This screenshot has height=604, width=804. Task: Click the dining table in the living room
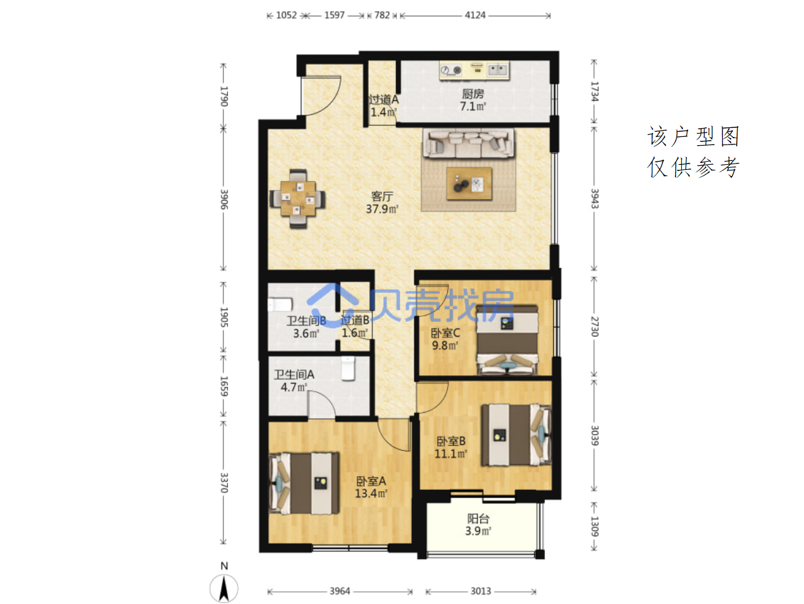pyautogui.click(x=298, y=198)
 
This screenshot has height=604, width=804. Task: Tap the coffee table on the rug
pyautogui.click(x=469, y=184)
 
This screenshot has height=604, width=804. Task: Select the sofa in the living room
pyautogui.click(x=468, y=144)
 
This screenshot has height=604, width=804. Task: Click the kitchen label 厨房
pyautogui.click(x=473, y=94)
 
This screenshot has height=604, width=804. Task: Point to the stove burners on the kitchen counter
pyautogui.click(x=451, y=70)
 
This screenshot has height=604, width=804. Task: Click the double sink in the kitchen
pyautogui.click(x=498, y=69)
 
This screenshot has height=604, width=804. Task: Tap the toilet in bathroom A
pyautogui.click(x=348, y=368)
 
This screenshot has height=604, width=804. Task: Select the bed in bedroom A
pyautogui.click(x=303, y=483)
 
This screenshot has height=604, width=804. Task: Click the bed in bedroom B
pyautogui.click(x=516, y=435)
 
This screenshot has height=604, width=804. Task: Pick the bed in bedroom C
pyautogui.click(x=507, y=340)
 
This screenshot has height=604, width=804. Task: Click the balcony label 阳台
pyautogui.click(x=478, y=518)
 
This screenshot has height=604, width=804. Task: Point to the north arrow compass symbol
pyautogui.click(x=224, y=587)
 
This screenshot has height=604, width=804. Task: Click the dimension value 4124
pyautogui.click(x=475, y=15)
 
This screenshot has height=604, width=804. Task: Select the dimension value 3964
pyautogui.click(x=340, y=591)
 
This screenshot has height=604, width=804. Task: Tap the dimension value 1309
pyautogui.click(x=594, y=526)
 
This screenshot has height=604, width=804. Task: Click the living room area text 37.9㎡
pyautogui.click(x=382, y=209)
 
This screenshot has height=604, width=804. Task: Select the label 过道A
pyautogui.click(x=383, y=100)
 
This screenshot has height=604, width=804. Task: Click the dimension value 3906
pyautogui.click(x=224, y=199)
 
